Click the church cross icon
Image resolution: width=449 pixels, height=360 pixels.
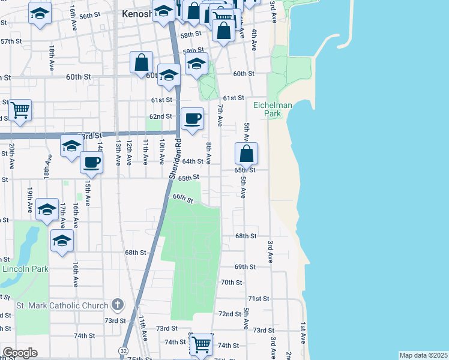(x=117, y=305)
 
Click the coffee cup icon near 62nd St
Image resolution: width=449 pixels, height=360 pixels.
(x=192, y=119)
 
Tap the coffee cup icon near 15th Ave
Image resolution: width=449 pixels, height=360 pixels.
(x=91, y=163)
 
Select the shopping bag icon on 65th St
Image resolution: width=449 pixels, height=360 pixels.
(x=246, y=154)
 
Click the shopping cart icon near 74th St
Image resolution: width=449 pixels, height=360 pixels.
(x=200, y=344)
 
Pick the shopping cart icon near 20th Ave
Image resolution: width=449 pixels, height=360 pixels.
(x=20, y=110)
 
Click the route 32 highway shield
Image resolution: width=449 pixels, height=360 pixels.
(x=123, y=350)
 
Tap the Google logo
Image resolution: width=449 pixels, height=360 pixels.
(x=20, y=353)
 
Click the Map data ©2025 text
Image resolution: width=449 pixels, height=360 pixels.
(x=423, y=355)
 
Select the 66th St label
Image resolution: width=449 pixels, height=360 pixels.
(x=182, y=198)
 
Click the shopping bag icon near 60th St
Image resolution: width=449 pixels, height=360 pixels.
(x=141, y=62)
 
